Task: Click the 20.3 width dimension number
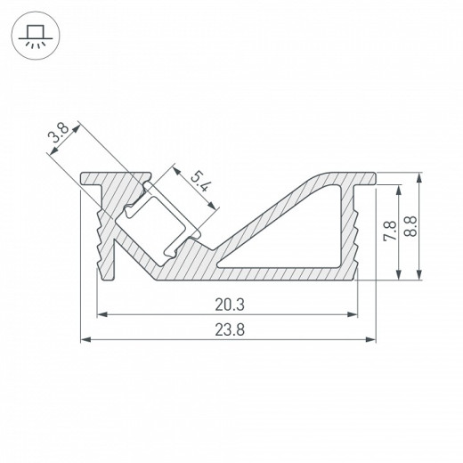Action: click(229, 305)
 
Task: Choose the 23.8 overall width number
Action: click(229, 329)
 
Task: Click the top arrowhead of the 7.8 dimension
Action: click(397, 189)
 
